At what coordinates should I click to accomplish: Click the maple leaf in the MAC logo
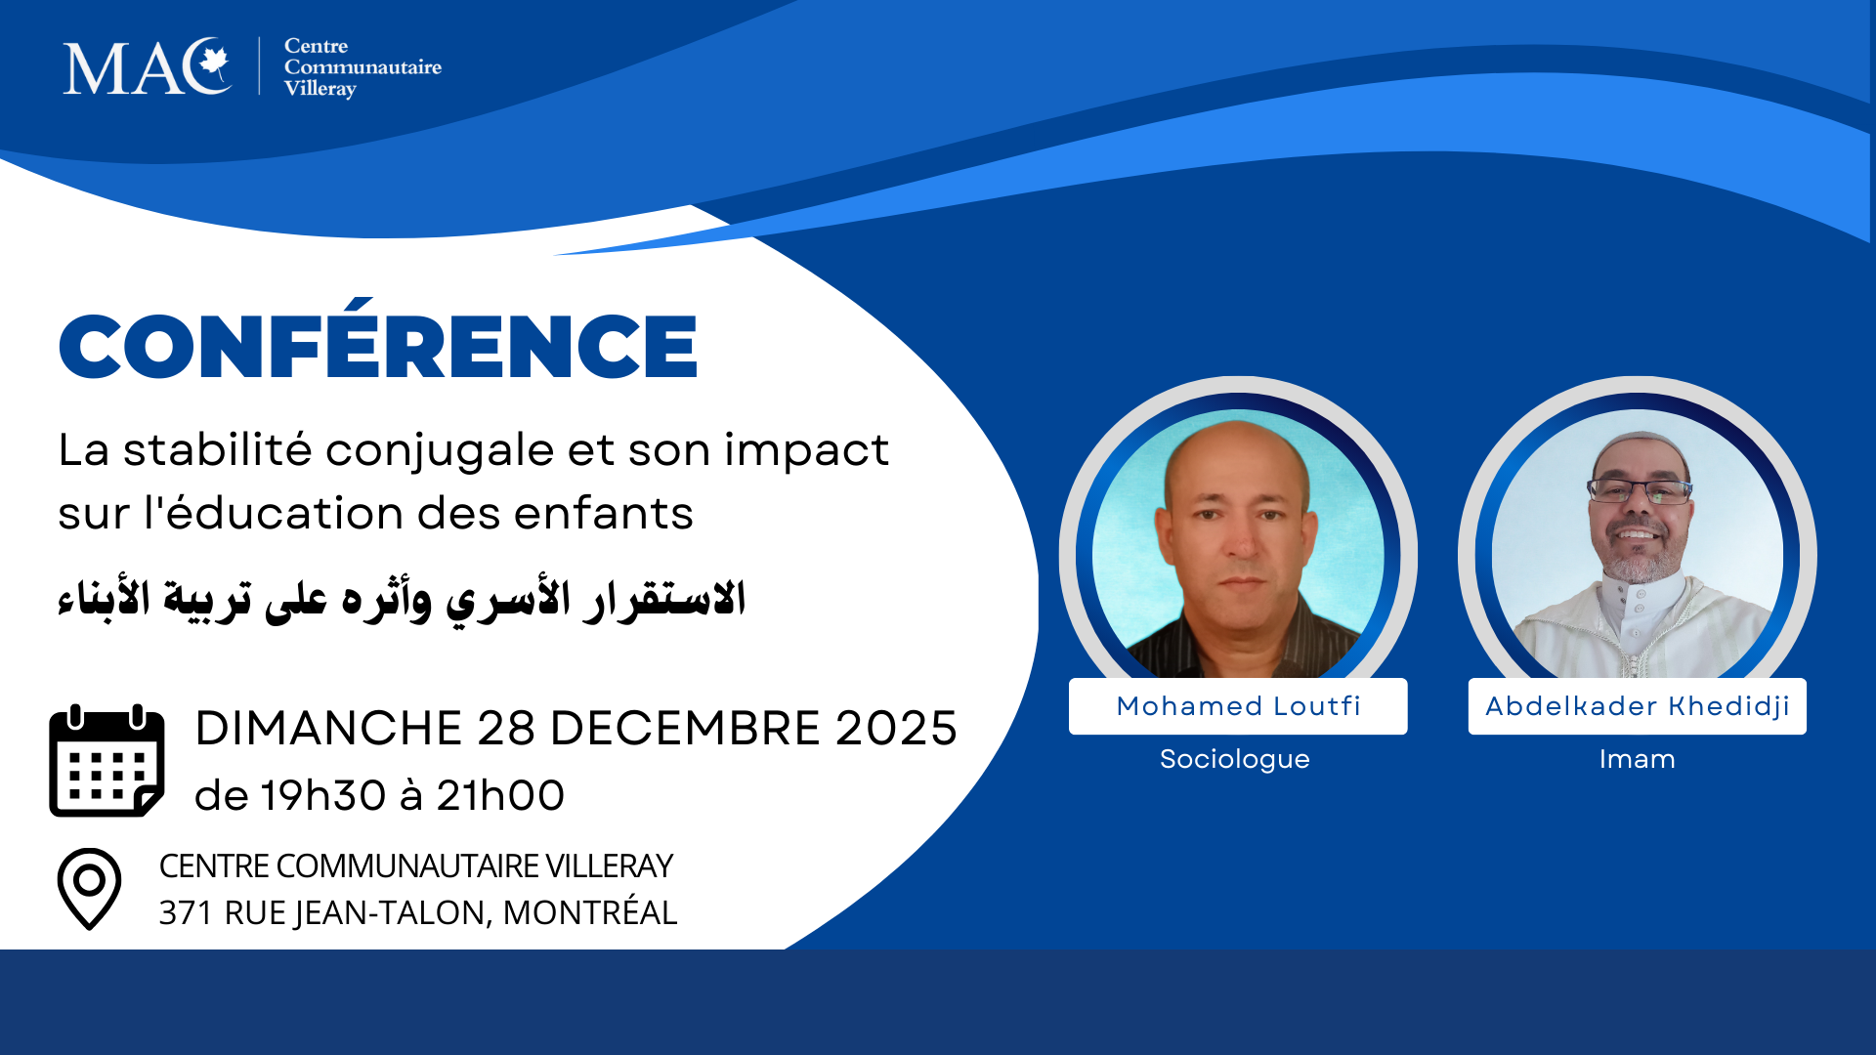click(212, 64)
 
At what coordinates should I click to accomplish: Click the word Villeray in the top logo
click(320, 89)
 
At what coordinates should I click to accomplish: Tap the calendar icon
click(107, 761)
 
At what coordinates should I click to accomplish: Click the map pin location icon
click(89, 888)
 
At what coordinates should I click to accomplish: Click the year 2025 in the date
click(896, 729)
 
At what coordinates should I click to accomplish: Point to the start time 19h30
click(322, 796)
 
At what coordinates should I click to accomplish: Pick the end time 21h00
click(500, 796)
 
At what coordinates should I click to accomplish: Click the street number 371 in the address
click(185, 912)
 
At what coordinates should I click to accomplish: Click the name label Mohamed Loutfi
click(1238, 706)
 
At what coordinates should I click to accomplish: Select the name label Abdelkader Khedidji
click(1637, 706)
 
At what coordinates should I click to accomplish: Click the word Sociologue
click(1234, 759)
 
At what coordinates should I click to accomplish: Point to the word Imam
click(1637, 759)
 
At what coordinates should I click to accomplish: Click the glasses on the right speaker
click(1640, 491)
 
